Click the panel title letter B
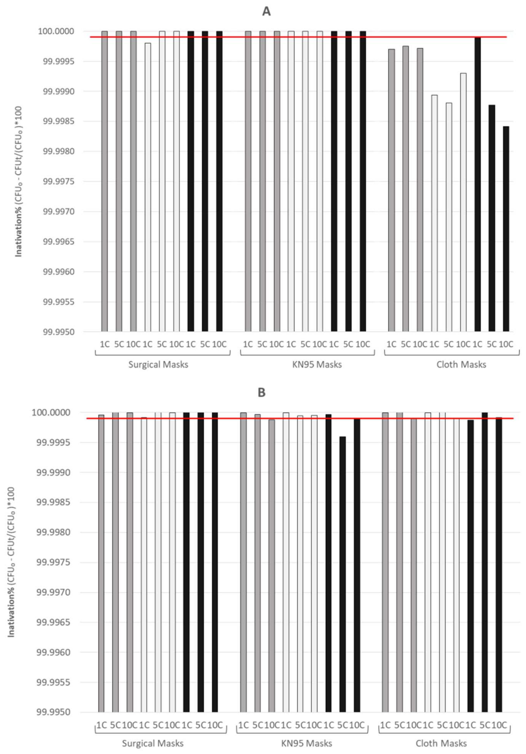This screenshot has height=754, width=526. coord(261,392)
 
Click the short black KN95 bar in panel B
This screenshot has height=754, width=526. coord(342,575)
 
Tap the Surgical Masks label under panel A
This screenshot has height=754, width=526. coord(158,364)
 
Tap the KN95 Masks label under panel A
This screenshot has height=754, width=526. coord(317,364)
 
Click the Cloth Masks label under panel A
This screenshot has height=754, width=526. coord(461,364)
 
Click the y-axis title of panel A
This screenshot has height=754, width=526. coord(19,181)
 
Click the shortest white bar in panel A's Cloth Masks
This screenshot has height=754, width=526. coord(449,217)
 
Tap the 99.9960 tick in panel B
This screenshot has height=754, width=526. coord(53,652)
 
